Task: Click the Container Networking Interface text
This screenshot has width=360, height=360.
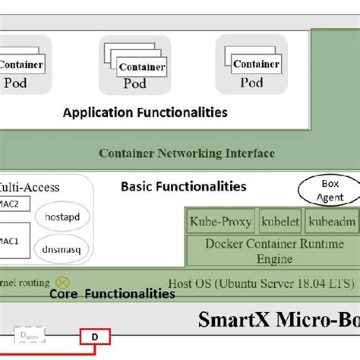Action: (x=187, y=153)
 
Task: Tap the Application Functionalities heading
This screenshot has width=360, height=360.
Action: (x=145, y=113)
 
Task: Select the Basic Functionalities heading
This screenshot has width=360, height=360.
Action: (x=183, y=186)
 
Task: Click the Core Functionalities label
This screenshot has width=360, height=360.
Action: (x=112, y=293)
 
